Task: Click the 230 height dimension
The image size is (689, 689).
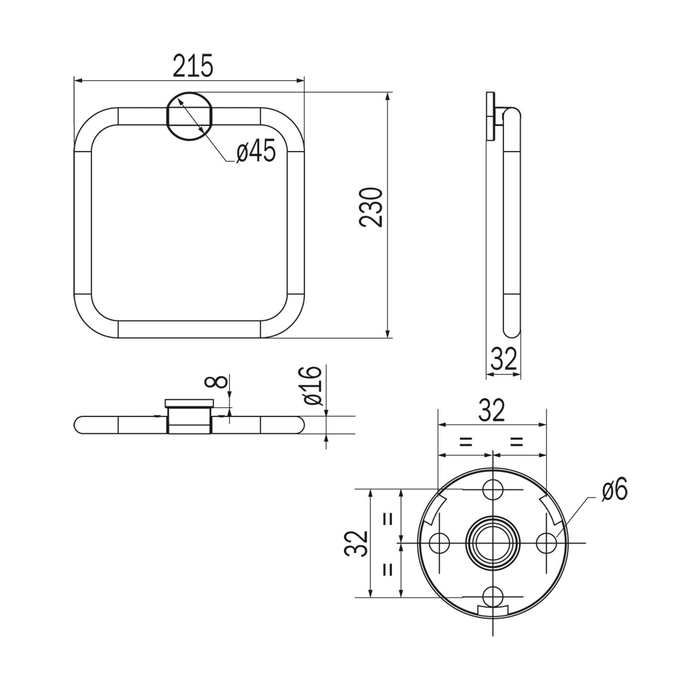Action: [371, 207]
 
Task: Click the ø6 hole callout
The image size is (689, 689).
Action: [615, 490]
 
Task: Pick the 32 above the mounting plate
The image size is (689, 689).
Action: [492, 410]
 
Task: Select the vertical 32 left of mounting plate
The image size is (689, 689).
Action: [357, 543]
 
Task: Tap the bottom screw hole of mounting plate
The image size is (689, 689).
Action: [493, 597]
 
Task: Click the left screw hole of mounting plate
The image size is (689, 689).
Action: [440, 543]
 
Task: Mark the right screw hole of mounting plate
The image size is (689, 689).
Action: [546, 543]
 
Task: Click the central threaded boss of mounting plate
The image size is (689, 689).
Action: [493, 543]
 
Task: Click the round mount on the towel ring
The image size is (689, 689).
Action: [189, 116]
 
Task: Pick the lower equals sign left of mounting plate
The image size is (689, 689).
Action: [388, 570]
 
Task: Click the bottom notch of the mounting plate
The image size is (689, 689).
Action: [493, 611]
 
